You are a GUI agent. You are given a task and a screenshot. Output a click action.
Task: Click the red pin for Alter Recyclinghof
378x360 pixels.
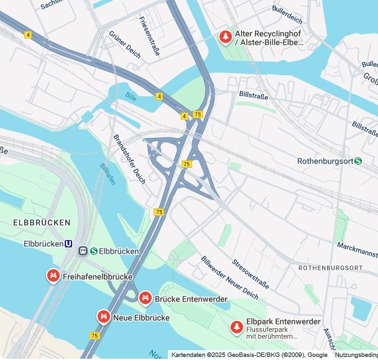(x=224, y=37)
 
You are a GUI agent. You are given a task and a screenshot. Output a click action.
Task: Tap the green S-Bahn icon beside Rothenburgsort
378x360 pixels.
(x=358, y=160)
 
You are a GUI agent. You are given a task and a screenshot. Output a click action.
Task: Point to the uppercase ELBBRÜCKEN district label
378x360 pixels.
(x=42, y=222)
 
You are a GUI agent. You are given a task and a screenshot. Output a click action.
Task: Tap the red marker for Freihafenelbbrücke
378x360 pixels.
(x=53, y=275)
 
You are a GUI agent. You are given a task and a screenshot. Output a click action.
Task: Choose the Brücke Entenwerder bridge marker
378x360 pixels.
(x=145, y=298)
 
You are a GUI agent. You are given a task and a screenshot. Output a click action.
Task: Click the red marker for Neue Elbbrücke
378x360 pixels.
(x=103, y=317)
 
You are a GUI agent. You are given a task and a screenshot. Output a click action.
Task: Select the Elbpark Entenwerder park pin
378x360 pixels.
(x=236, y=326)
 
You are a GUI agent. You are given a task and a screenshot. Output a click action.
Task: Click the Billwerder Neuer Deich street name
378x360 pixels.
(x=229, y=277)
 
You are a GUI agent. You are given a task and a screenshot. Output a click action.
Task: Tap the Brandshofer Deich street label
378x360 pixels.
(x=129, y=159)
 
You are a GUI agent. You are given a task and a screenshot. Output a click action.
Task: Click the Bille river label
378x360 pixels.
(x=131, y=97)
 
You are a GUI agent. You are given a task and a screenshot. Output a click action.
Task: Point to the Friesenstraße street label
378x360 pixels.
(x=150, y=36)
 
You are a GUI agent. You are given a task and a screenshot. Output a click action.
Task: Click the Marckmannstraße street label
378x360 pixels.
(x=357, y=250)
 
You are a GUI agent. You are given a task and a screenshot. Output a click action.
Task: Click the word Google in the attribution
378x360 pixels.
(x=317, y=354)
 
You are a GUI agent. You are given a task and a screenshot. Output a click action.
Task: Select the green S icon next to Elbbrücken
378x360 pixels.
(x=93, y=251)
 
